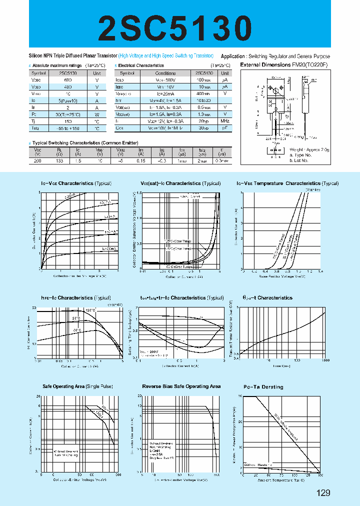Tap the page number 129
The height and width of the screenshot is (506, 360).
[323, 493]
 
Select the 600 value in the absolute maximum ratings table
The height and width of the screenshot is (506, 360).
[68, 80]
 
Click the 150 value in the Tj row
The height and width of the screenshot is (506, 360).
[68, 121]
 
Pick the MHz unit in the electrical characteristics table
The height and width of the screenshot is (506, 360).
[225, 121]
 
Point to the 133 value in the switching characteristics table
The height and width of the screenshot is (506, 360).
[60, 161]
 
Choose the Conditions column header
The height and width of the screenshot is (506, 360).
[165, 73]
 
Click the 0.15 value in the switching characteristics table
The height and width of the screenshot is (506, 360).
[142, 161]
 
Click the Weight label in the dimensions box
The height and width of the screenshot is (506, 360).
[298, 149]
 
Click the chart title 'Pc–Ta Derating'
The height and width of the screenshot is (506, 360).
[263, 386]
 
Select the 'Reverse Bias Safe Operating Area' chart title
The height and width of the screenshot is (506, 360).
[181, 386]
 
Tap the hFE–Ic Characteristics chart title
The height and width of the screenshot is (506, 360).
[75, 297]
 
